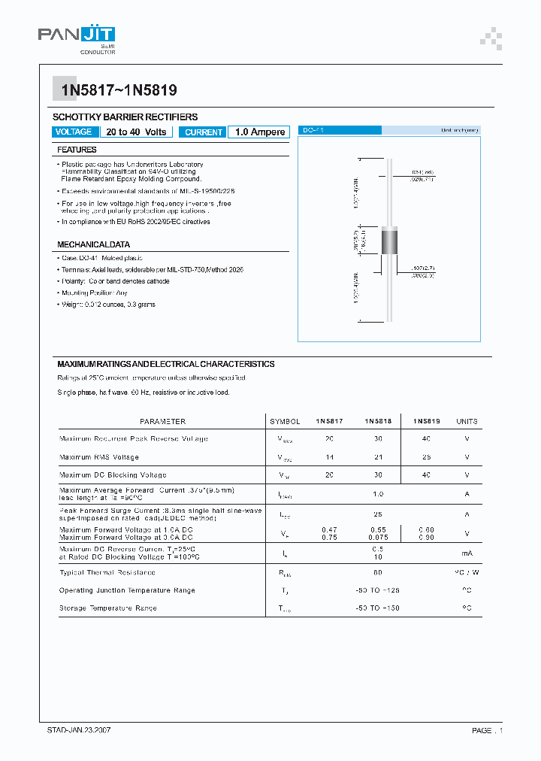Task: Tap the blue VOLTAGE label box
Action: pos(74,132)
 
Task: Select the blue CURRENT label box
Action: pos(204,132)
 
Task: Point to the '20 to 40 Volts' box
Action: pos(136,132)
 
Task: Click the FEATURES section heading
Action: pos(77,150)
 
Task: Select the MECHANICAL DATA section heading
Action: pos(94,244)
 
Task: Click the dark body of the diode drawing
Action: pos(389,242)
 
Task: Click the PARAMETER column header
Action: pos(162,421)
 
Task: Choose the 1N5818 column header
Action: pos(377,421)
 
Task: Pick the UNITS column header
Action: pos(467,421)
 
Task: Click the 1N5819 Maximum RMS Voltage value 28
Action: pos(426,457)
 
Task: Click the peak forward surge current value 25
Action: pos(377,514)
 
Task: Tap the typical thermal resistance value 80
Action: pos(377,573)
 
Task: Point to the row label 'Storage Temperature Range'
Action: pos(108,608)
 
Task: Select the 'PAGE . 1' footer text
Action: pos(487,730)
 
